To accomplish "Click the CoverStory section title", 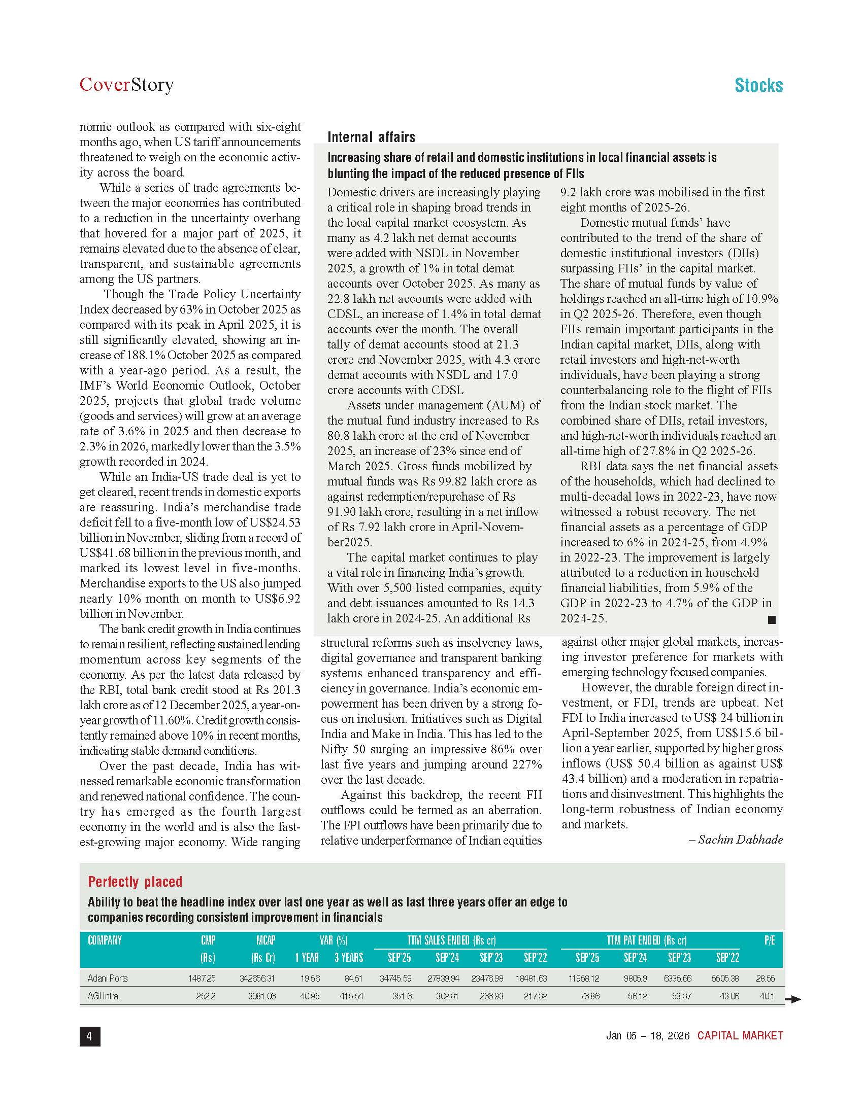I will pyautogui.click(x=126, y=84).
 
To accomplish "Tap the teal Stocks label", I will pyautogui.click(x=758, y=85).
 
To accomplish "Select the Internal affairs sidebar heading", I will pyautogui.click(x=371, y=137).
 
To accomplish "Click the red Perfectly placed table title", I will pyautogui.click(x=135, y=882).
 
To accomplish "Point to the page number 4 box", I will pyautogui.click(x=89, y=1036).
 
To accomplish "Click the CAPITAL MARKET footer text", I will pyautogui.click(x=740, y=1036).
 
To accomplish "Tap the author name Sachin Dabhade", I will pyautogui.click(x=740, y=840).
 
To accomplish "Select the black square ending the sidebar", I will pyautogui.click(x=772, y=620).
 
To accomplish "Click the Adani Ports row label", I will pyautogui.click(x=107, y=978).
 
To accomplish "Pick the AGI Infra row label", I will pyautogui.click(x=103, y=995).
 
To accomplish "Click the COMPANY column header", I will pyautogui.click(x=105, y=940).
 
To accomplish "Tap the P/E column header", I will pyautogui.click(x=769, y=940).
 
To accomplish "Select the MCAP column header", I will pyautogui.click(x=265, y=940).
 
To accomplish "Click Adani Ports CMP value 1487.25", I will pyautogui.click(x=202, y=978).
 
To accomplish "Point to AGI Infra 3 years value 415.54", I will pyautogui.click(x=349, y=995).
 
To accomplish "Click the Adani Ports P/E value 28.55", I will pyautogui.click(x=765, y=978).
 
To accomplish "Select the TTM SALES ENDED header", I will pyautogui.click(x=451, y=940).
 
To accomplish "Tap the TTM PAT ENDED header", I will pyautogui.click(x=646, y=940).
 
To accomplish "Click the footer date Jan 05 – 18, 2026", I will pyautogui.click(x=648, y=1036).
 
